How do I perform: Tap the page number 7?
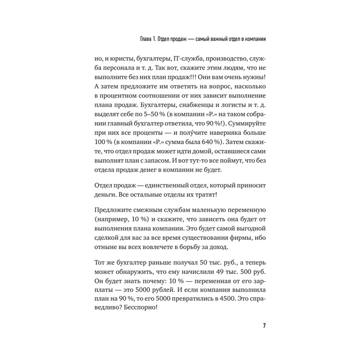pos(264,326)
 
